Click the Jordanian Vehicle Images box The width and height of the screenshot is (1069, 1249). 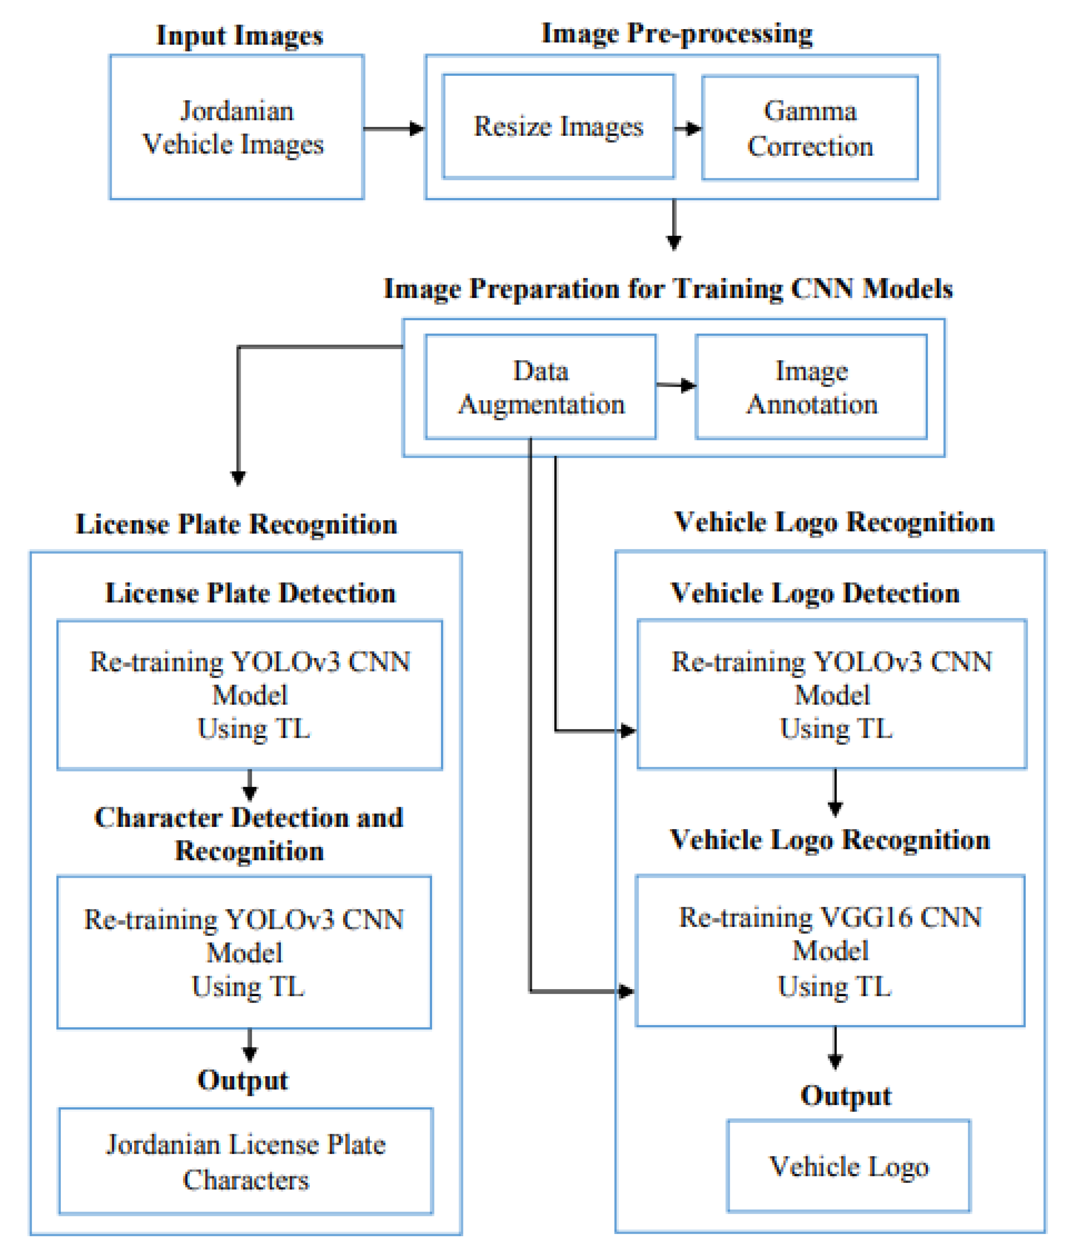click(x=236, y=127)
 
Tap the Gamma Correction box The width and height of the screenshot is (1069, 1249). click(x=810, y=128)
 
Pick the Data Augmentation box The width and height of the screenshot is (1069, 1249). click(x=540, y=387)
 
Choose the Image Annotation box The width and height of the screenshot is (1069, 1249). click(x=811, y=387)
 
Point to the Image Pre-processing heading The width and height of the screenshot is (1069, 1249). click(x=676, y=34)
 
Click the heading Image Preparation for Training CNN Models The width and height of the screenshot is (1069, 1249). click(x=668, y=289)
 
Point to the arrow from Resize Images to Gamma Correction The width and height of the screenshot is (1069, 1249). click(x=688, y=128)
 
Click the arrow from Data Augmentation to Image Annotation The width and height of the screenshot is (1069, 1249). click(x=676, y=385)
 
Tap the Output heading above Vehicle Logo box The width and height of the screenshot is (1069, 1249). click(x=845, y=1096)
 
